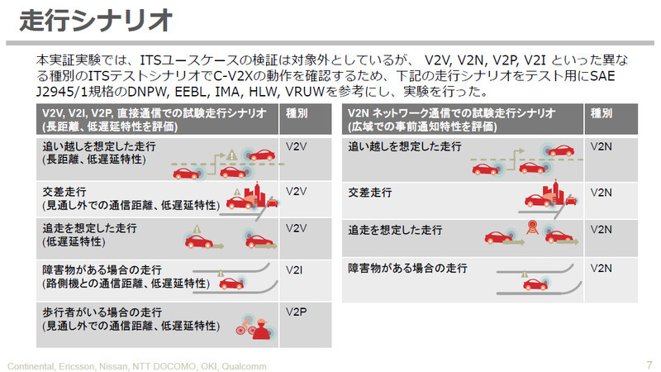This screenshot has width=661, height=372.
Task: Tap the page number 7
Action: [648, 364]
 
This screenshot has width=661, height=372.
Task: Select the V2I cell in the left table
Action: [294, 270]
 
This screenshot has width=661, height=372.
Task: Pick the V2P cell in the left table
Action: [296, 312]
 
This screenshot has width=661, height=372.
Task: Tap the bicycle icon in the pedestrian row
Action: [241, 329]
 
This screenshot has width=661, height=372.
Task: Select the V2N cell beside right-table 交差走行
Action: [602, 193]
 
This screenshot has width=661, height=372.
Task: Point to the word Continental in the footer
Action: [34, 365]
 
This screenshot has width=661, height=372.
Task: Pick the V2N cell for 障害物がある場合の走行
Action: [602, 268]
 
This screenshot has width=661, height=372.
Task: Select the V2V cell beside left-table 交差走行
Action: [296, 191]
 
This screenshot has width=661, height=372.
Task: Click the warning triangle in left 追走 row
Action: [197, 229]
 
